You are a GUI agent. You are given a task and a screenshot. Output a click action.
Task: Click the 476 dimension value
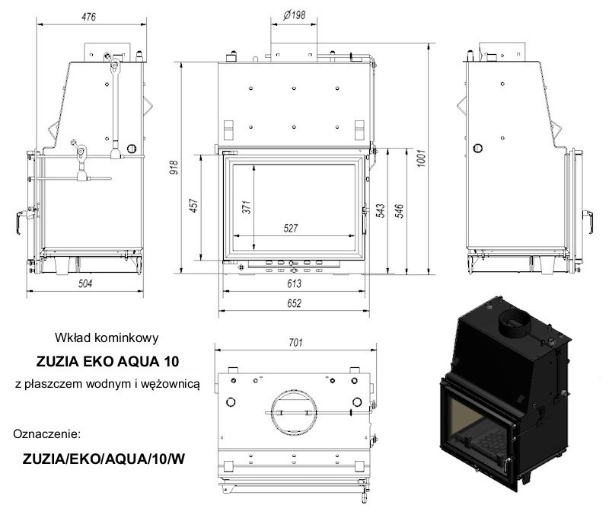[88, 17]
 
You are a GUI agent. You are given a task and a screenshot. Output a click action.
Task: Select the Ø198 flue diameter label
[294, 15]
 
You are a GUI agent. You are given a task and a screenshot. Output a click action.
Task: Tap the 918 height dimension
[174, 167]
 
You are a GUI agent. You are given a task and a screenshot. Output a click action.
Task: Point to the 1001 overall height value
[422, 158]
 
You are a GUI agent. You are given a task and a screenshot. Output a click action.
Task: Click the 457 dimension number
[194, 206]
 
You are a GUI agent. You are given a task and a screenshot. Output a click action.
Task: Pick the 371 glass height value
[246, 207]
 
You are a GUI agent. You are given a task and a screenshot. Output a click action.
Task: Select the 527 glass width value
[291, 228]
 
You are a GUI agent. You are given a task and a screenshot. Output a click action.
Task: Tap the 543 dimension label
[381, 210]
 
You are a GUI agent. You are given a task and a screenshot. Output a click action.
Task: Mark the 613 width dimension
[294, 283]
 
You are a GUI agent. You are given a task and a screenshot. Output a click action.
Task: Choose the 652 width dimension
[294, 302]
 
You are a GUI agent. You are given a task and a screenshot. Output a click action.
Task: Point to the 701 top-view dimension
[295, 342]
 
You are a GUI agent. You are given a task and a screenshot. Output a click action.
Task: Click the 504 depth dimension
[85, 283]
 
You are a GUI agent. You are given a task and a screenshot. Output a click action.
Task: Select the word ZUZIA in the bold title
[58, 361]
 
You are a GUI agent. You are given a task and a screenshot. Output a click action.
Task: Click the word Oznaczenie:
[46, 433]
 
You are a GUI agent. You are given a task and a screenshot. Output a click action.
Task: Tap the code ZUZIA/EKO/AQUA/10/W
[104, 459]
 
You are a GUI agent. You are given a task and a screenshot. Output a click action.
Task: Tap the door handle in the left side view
[21, 222]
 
